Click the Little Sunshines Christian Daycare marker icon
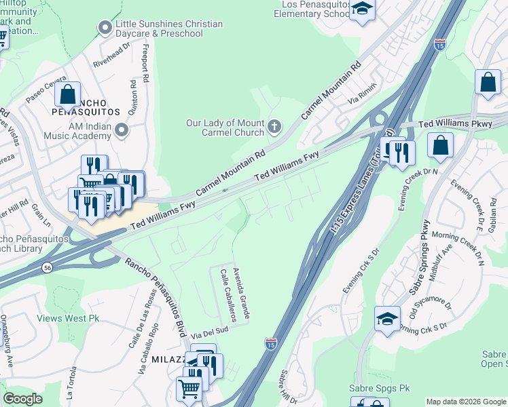coord(105,28)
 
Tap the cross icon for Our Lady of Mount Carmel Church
coord(274,127)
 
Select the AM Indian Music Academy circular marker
coord(122,129)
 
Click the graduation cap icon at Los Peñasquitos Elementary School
coord(363,9)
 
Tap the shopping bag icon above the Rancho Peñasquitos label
coord(68,94)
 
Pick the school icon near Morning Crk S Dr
coord(387,318)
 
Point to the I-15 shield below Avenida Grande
coord(270,345)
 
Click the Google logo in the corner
coord(22,398)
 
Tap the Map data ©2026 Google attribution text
coord(466,402)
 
